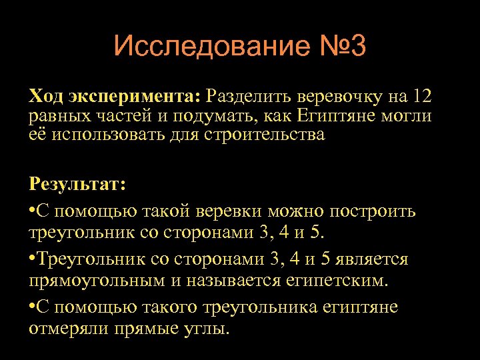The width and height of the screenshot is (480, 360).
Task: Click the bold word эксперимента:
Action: point(134,97)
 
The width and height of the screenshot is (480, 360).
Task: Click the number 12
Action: point(421,97)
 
